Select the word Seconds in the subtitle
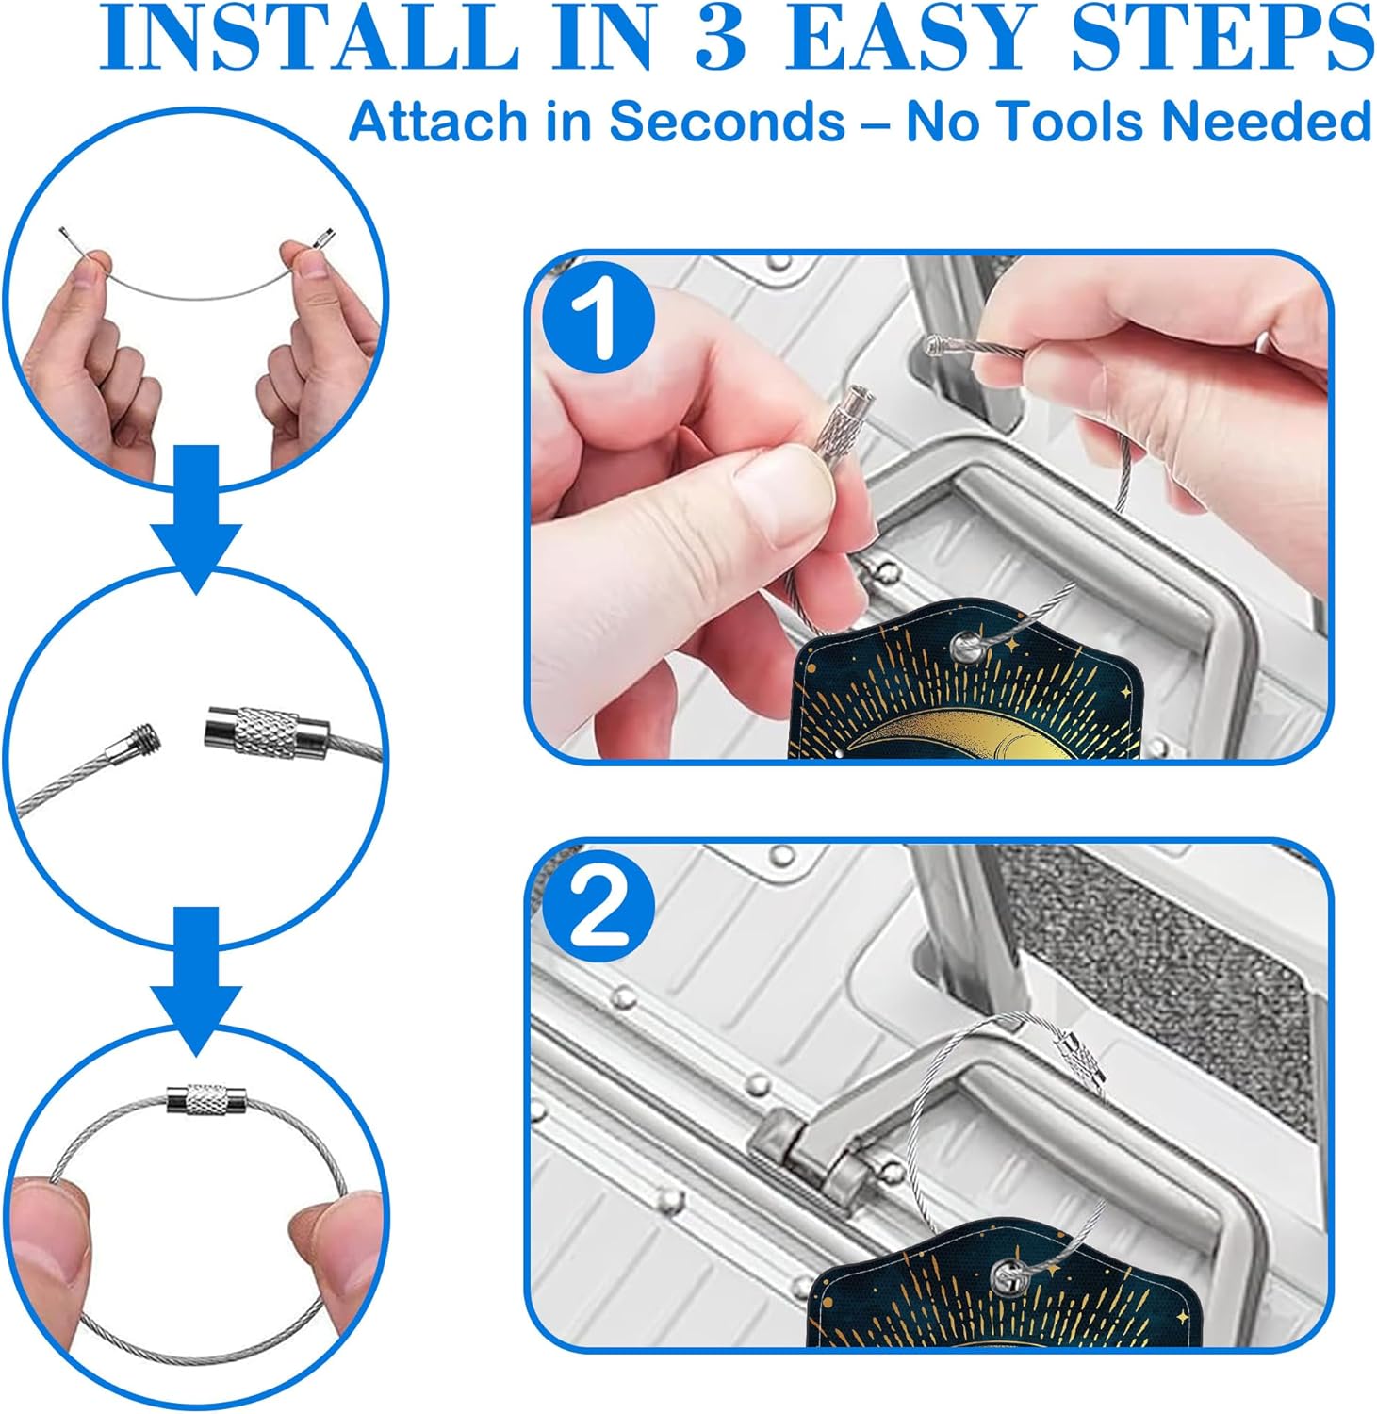pyautogui.click(x=727, y=122)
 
